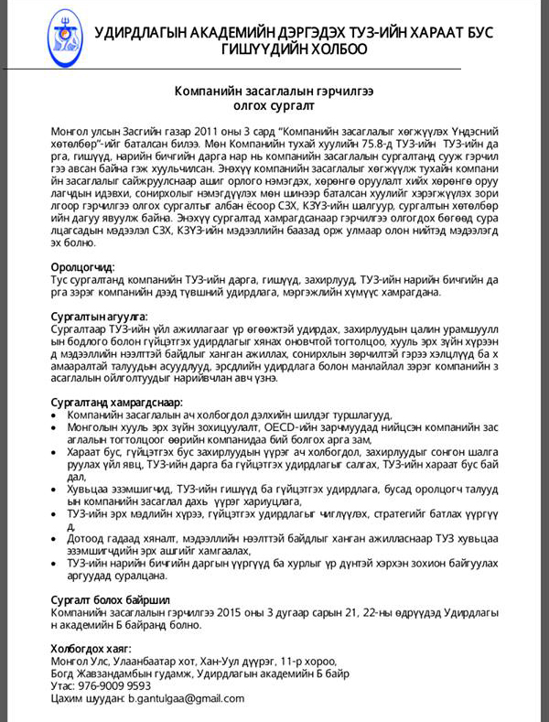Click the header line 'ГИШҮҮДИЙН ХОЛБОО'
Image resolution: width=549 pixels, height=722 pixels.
click(x=294, y=49)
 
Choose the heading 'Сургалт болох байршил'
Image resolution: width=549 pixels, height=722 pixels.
click(x=103, y=599)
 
